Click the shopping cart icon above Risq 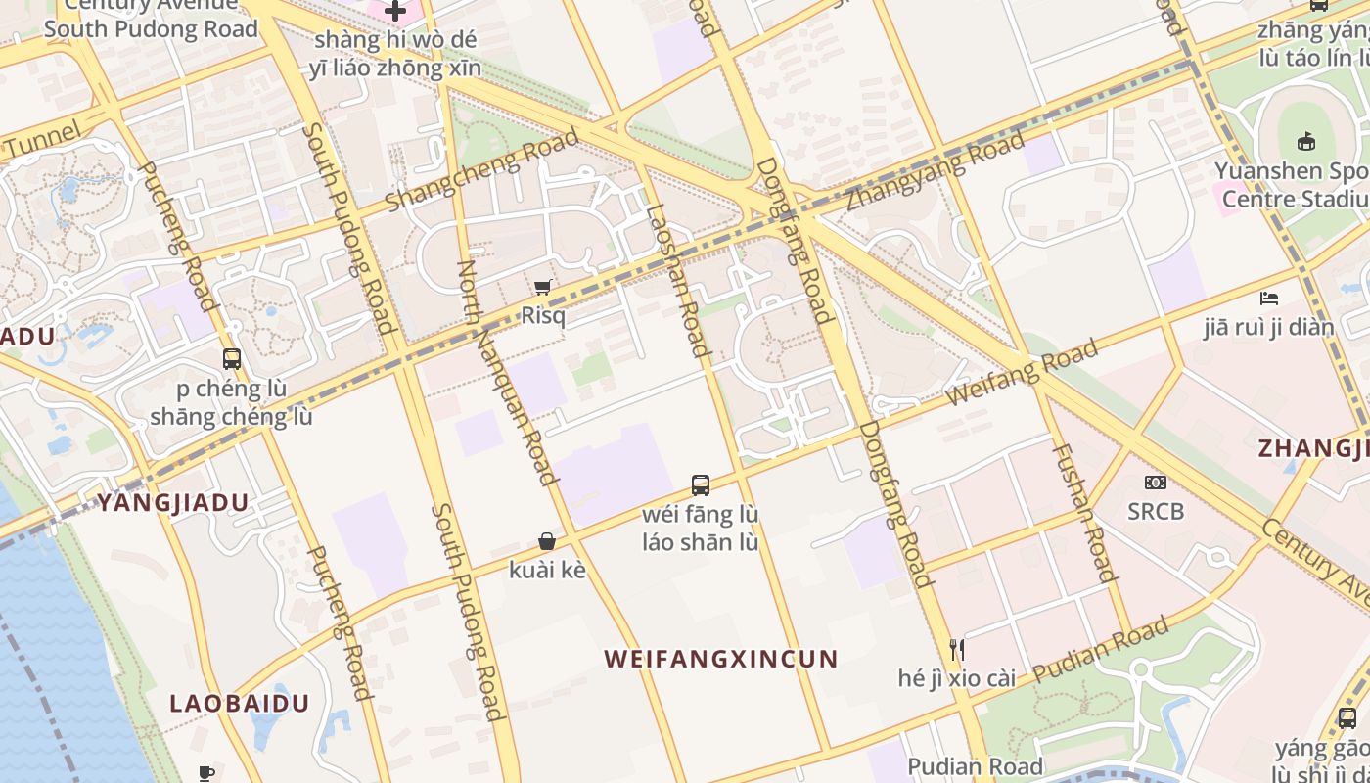(x=542, y=287)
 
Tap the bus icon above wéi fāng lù (x=701, y=484)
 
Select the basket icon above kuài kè (x=547, y=541)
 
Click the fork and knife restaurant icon (x=957, y=649)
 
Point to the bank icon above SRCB (x=1156, y=483)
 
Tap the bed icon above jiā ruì (x=1269, y=298)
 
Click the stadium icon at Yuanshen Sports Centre (x=1305, y=142)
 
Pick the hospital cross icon (x=395, y=12)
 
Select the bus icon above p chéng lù (x=232, y=359)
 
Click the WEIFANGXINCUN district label (x=721, y=659)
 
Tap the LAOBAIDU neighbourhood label (x=240, y=704)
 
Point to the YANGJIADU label (x=172, y=503)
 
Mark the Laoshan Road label (x=676, y=280)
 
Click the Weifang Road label (x=1023, y=373)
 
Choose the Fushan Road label (x=1084, y=512)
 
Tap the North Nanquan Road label (x=506, y=373)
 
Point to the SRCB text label (x=1156, y=511)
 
